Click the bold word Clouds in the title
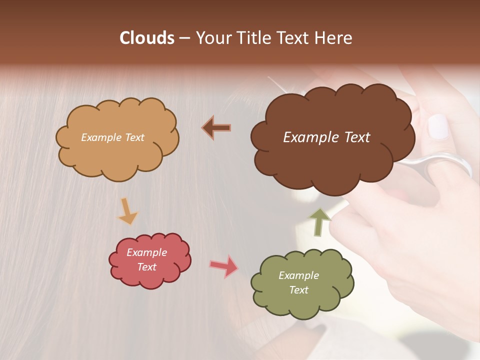147,38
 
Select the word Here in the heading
333,38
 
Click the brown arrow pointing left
217,127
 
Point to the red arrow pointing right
224,266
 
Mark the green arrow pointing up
319,221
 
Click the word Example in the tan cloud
100,137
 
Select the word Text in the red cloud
146,267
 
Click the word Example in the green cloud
298,275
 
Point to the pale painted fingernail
439,126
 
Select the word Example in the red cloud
146,252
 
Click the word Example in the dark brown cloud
311,137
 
